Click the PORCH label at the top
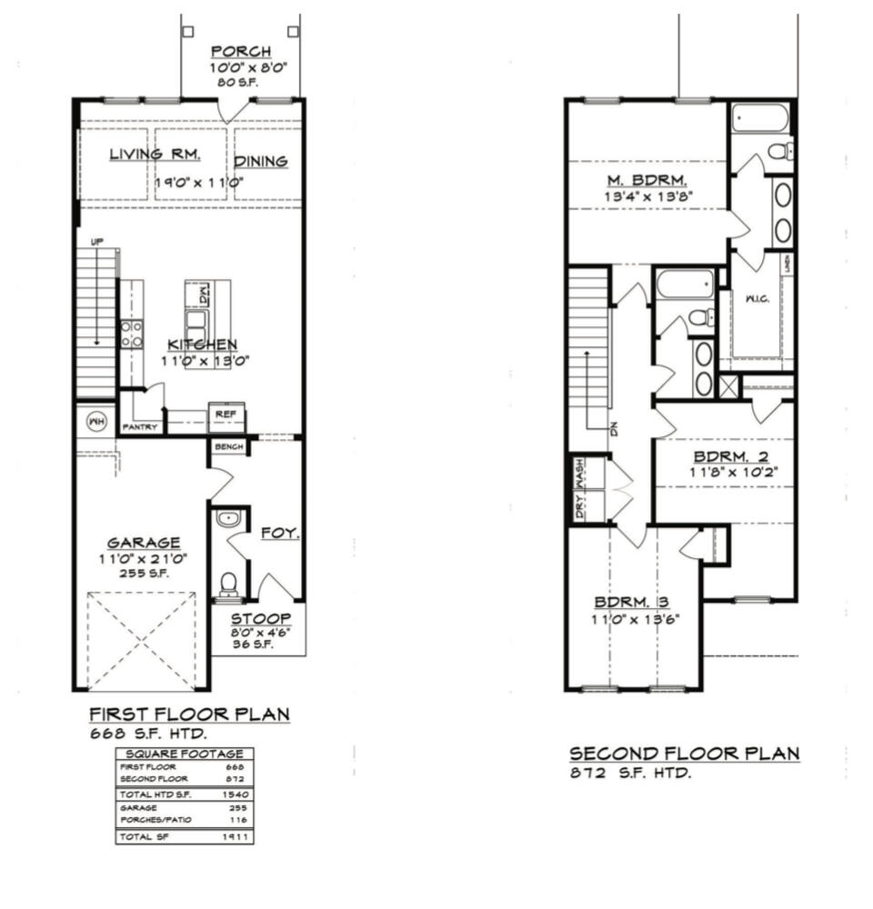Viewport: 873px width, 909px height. (241, 51)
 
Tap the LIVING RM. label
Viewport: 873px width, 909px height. (156, 154)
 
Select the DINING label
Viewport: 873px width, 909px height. (261, 161)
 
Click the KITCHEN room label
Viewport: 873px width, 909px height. (202, 345)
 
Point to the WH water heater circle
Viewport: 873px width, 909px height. (96, 421)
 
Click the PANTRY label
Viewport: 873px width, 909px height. (141, 427)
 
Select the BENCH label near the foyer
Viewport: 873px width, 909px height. (228, 447)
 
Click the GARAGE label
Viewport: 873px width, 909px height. (144, 543)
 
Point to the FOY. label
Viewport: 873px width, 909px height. (280, 533)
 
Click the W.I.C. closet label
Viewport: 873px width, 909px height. (758, 299)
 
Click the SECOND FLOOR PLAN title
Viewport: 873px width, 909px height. (684, 754)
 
